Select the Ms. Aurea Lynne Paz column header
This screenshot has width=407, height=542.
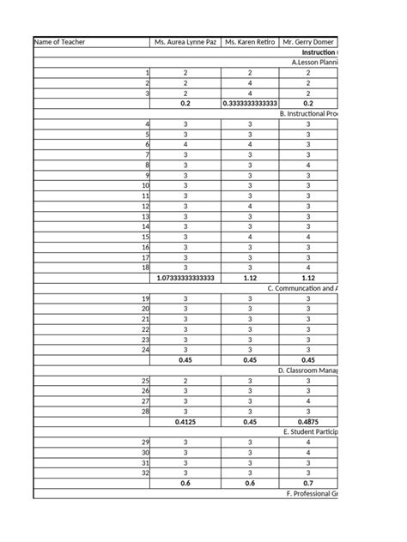[x=185, y=41]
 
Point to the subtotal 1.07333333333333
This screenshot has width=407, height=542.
[x=185, y=278]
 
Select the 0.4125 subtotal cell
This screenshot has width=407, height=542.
[x=185, y=422]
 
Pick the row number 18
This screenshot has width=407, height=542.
[x=145, y=268]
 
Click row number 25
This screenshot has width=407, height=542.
[x=145, y=381]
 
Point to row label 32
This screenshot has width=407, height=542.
[x=145, y=473]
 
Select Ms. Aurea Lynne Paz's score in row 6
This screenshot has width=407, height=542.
[x=185, y=145]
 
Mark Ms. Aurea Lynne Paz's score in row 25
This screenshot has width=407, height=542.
[x=185, y=381]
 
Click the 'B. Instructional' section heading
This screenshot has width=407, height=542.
[x=309, y=114]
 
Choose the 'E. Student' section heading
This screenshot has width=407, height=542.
[x=311, y=432]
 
